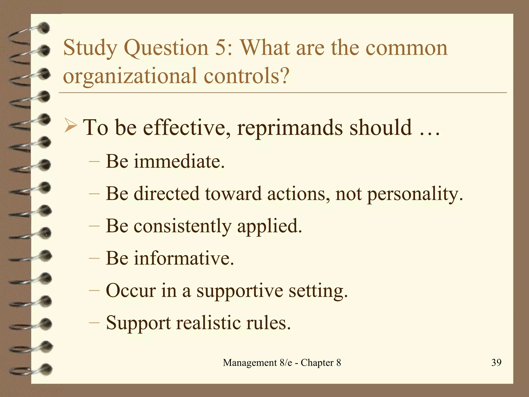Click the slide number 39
coord(496,362)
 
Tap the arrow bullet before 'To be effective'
coord(71,126)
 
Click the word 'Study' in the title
coord(90,48)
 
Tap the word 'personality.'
coord(415,194)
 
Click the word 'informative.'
coord(184,258)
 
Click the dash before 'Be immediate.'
coord(94,162)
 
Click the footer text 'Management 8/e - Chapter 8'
coord(282,363)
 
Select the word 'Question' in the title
coord(166,48)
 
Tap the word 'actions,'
coord(299,194)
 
